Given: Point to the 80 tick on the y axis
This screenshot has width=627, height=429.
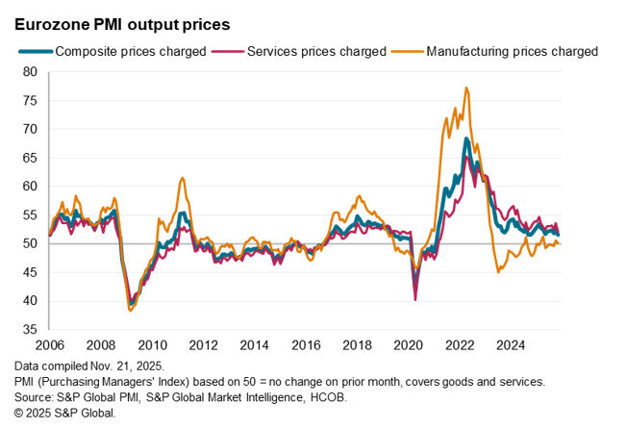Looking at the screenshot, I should [x=30, y=71].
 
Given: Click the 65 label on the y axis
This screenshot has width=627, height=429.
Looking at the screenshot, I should [x=30, y=157].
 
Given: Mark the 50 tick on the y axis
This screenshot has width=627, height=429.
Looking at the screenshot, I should [x=30, y=243].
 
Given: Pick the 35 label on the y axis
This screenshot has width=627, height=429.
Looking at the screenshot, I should [x=30, y=329].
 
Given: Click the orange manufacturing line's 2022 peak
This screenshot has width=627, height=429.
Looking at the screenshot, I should [x=466, y=88].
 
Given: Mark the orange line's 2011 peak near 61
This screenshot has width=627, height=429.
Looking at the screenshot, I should [x=182, y=178].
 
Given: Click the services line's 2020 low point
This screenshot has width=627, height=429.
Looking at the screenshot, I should [x=415, y=299].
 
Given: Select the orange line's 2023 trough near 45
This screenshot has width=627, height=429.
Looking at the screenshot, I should [x=498, y=272].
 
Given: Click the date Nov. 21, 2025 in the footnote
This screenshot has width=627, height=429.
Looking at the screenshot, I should [x=132, y=366].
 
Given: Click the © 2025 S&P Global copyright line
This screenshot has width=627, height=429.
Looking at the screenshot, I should [x=65, y=413].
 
